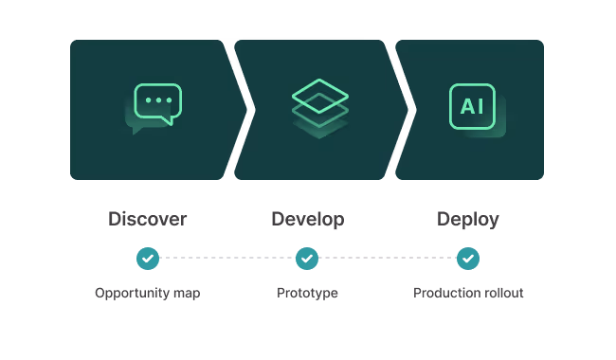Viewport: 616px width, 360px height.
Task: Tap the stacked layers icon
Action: coord(320,104)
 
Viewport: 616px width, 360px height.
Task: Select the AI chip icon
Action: coord(472,106)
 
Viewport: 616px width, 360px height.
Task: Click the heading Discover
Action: coord(147,219)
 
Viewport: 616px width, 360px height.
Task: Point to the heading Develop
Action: coord(307,219)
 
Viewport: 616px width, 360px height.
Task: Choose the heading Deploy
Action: coord(467,219)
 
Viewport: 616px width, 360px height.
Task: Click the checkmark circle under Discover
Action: coord(147,258)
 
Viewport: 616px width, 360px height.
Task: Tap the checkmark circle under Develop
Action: coord(307,258)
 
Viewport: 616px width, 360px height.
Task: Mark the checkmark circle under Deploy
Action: coord(468,258)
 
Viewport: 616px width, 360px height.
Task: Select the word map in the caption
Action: coord(186,294)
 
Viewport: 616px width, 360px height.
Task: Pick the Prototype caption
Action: coord(307,294)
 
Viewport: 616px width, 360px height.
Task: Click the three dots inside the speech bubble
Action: coord(158,99)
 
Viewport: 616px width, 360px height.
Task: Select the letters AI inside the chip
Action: coord(472,106)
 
